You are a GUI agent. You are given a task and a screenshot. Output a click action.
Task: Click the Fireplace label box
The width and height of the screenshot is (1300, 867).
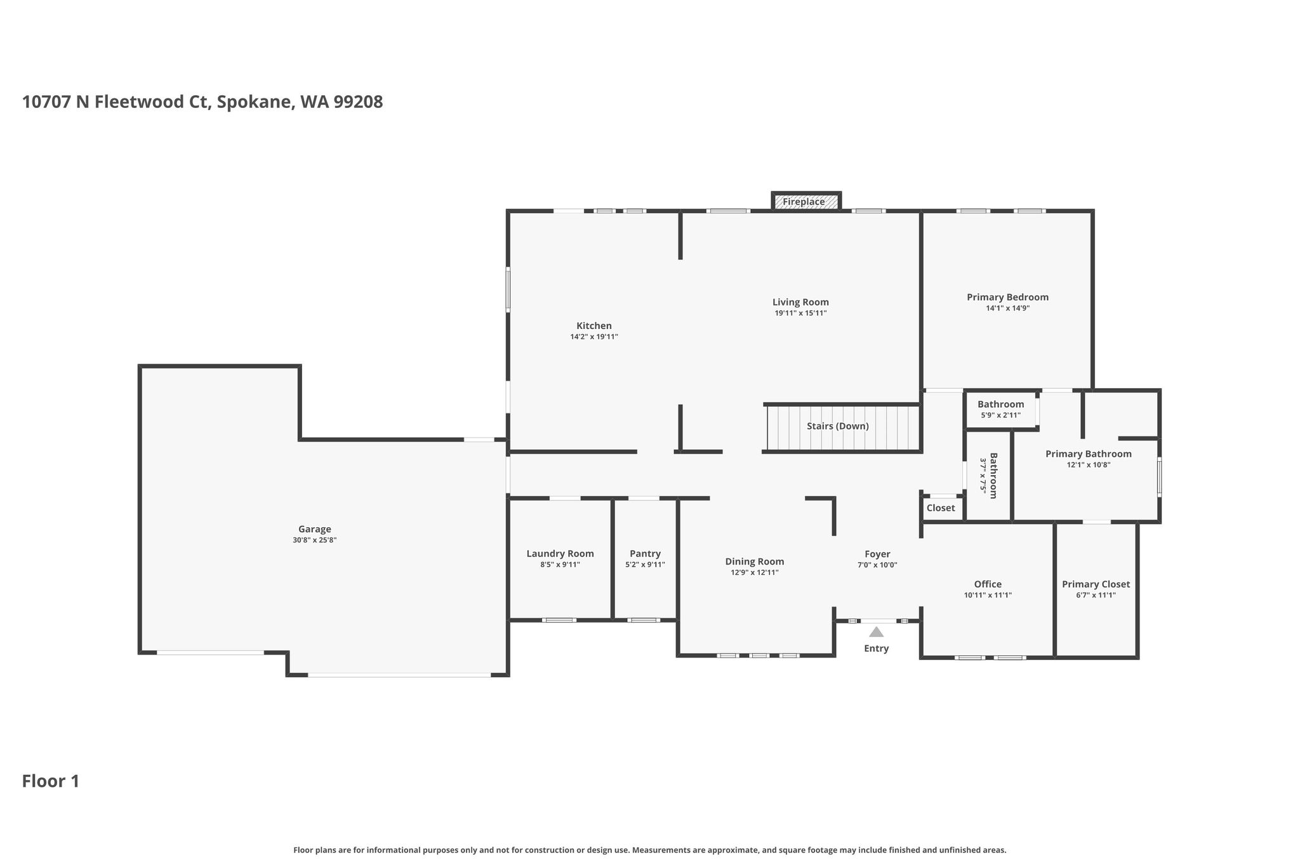(806, 201)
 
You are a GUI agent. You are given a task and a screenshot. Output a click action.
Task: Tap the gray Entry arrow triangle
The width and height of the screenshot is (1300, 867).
(876, 632)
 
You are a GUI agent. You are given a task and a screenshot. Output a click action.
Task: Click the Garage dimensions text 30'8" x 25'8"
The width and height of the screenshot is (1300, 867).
(315, 541)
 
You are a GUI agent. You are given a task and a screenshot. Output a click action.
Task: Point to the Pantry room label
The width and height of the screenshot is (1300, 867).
(645, 554)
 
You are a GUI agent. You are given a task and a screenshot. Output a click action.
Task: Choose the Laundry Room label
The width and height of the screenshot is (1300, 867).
(560, 554)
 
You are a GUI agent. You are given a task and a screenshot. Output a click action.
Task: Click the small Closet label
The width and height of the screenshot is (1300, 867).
(941, 508)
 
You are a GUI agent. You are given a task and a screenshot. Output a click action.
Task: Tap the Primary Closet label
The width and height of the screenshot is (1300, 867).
(1096, 584)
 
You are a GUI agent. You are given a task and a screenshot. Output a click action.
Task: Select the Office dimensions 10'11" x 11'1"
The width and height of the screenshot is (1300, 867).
(988, 596)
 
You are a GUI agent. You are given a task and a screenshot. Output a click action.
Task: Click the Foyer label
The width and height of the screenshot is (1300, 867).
(877, 554)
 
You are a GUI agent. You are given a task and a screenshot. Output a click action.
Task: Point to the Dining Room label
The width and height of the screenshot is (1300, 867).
(755, 561)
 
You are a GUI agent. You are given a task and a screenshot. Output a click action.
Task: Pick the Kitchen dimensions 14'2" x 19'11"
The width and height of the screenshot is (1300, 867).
(594, 337)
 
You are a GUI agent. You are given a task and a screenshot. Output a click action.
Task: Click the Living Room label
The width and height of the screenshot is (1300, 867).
(800, 302)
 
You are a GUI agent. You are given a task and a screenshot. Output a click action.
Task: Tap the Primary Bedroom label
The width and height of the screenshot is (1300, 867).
(1007, 297)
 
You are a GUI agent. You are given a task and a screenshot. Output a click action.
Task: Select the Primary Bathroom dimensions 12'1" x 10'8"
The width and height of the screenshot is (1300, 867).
(1089, 465)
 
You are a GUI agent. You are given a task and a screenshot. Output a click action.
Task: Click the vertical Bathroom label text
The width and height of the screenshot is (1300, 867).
(993, 476)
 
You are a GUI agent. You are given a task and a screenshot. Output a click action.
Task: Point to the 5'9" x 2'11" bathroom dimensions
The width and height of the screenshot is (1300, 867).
(1000, 415)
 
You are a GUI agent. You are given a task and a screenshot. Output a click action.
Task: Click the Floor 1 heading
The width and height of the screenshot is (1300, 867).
(51, 781)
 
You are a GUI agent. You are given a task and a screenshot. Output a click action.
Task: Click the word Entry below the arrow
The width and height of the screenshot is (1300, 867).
(876, 649)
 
